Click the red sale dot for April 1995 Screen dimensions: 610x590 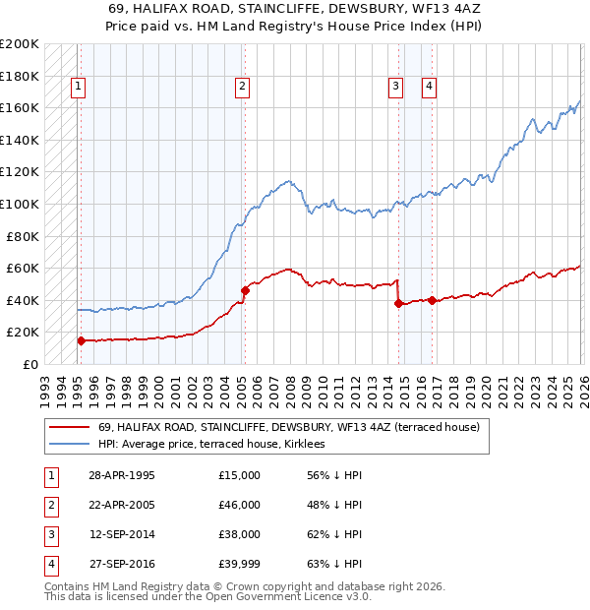(x=81, y=340)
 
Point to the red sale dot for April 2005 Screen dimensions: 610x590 (x=245, y=290)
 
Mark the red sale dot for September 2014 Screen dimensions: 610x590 (x=398, y=303)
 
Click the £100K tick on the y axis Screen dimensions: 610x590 (x=20, y=204)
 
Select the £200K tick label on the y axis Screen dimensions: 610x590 (x=20, y=44)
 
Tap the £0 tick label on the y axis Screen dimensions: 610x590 (x=29, y=364)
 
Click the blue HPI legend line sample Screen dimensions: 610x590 (x=69, y=444)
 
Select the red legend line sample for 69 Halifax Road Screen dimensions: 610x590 (x=69, y=427)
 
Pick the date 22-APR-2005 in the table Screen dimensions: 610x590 (x=122, y=505)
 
